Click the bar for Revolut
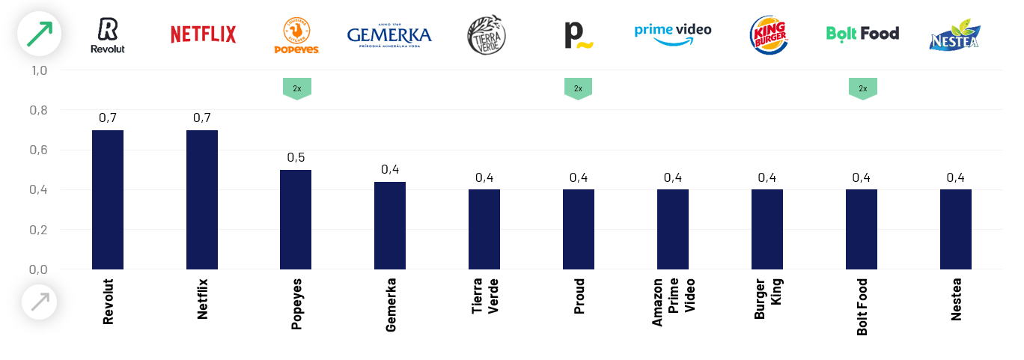108,199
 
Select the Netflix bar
202,199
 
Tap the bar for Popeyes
296,219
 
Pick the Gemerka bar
390,225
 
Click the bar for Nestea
956,229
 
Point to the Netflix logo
203,34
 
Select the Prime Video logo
673,34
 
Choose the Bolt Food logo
862,33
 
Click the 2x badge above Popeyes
297,88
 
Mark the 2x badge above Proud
578,88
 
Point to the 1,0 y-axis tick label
39,70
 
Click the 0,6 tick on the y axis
39,150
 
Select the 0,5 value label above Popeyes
296,158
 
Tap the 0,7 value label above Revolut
108,118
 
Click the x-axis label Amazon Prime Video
673,302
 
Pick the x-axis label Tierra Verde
485,297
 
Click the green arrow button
39,34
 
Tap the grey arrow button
39,302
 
